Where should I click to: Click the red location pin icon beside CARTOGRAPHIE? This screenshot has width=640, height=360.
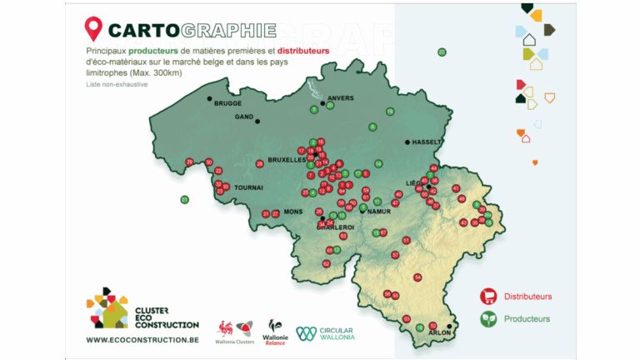(92, 31)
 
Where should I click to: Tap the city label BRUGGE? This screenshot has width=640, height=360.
(227, 103)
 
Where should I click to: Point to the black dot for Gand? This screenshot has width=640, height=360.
(257, 122)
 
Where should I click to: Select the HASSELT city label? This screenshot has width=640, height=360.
(427, 142)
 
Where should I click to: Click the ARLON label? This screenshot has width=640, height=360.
(438, 332)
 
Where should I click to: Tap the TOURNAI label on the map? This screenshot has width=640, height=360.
(248, 187)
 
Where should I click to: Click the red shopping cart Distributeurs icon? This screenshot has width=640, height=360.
(488, 296)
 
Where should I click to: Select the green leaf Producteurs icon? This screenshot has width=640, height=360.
(488, 318)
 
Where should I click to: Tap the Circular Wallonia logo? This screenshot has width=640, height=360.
(326, 332)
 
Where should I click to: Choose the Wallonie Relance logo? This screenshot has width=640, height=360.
(275, 331)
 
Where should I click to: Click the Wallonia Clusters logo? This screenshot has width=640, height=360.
(234, 331)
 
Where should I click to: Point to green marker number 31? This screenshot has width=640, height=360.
(185, 199)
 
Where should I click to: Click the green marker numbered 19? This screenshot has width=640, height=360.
(390, 112)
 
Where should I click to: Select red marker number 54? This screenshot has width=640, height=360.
(417, 277)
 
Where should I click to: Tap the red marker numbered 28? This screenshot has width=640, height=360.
(260, 163)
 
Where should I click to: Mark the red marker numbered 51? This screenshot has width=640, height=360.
(407, 240)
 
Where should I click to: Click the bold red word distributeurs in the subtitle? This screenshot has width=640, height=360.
(304, 52)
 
